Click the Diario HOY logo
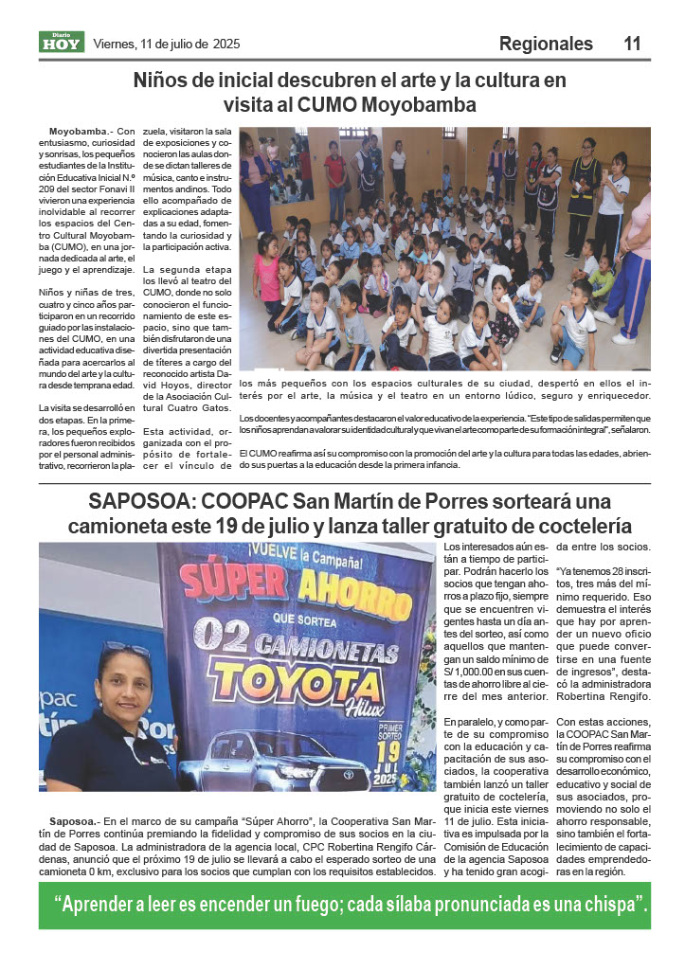(x=62, y=42)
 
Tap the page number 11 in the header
(x=632, y=44)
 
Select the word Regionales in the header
(x=546, y=44)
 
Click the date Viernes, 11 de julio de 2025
(x=167, y=44)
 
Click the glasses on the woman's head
(x=126, y=650)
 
